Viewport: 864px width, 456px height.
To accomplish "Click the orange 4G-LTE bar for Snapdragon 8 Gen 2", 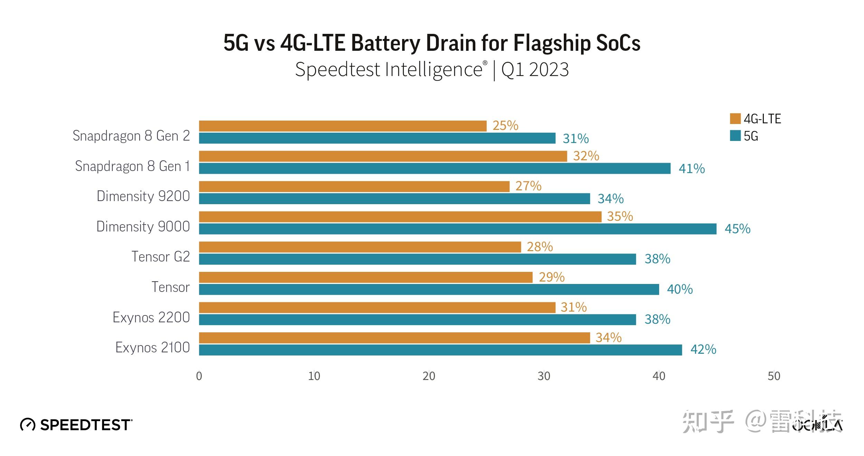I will [342, 126].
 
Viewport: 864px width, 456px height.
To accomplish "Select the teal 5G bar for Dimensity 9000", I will [457, 229].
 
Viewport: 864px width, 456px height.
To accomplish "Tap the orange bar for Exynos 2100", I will [394, 338].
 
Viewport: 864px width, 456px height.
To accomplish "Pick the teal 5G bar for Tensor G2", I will [417, 259].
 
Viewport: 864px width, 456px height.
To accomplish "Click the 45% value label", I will [737, 229].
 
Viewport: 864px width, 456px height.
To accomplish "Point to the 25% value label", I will [505, 125].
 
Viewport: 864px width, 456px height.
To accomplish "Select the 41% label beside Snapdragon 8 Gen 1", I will [691, 169].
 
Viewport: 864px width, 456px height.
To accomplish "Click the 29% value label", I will [551, 277].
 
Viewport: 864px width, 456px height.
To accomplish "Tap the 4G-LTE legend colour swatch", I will [735, 118].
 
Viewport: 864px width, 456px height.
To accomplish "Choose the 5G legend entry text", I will [751, 136].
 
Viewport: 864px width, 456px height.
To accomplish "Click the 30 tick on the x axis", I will [544, 376].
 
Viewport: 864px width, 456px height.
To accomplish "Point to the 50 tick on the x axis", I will [773, 376].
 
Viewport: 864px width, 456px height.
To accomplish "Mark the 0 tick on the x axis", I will [199, 376].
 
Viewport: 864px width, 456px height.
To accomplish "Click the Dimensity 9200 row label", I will [143, 196].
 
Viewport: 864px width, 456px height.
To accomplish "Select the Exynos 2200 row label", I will [151, 317].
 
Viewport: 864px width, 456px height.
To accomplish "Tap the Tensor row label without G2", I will [170, 287].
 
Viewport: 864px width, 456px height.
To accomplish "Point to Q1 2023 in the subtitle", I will [534, 70].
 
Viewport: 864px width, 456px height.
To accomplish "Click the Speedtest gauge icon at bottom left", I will [28, 425].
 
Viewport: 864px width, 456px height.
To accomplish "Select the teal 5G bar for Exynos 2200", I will [417, 320].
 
